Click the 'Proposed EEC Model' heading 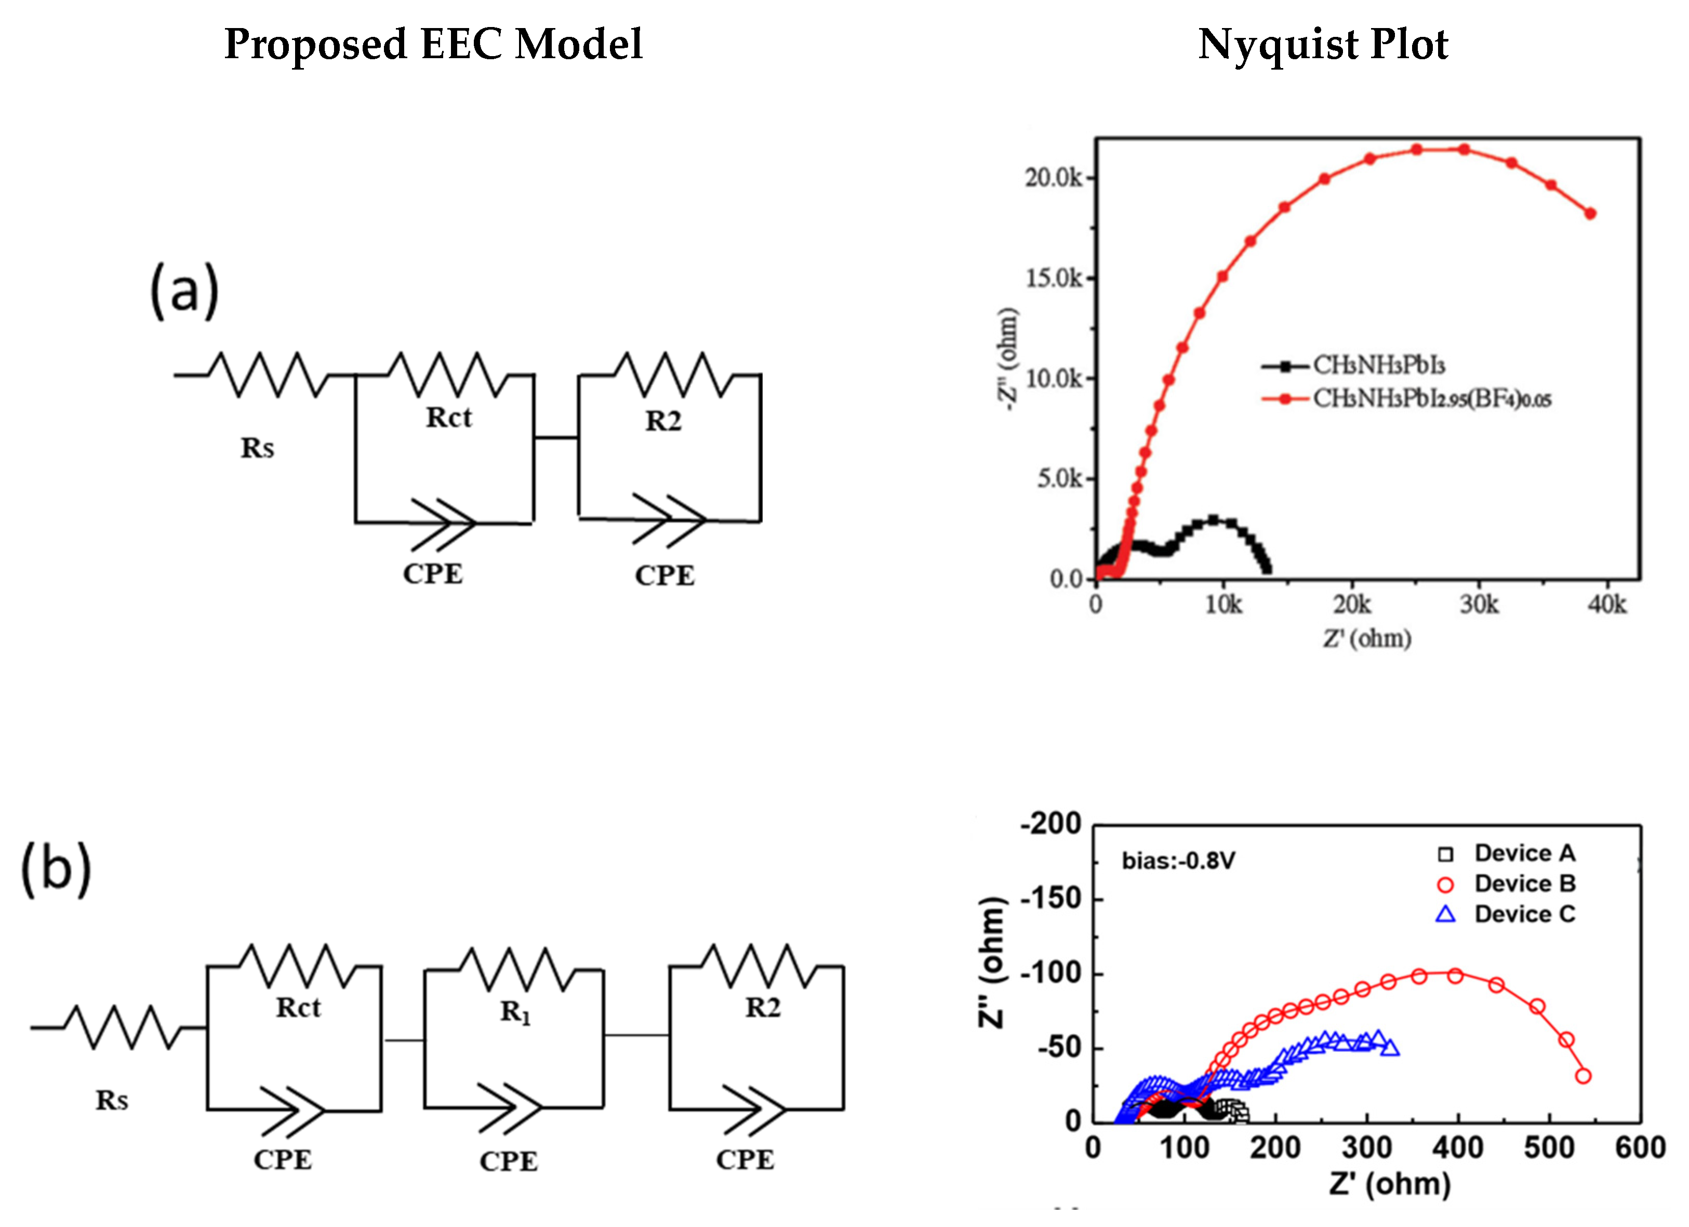[433, 45]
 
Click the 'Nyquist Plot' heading [1323, 45]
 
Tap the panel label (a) [184, 290]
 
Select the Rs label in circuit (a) [257, 448]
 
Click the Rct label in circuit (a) [448, 418]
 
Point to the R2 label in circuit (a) [663, 421]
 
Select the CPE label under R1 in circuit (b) [509, 1162]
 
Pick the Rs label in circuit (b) [112, 1100]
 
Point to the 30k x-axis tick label [1478, 605]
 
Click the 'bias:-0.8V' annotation [1178, 861]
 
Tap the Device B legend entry [1524, 884]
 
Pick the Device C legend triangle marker [1445, 914]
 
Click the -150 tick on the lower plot [1050, 899]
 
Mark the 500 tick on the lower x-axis [1549, 1148]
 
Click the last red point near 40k [1590, 214]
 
